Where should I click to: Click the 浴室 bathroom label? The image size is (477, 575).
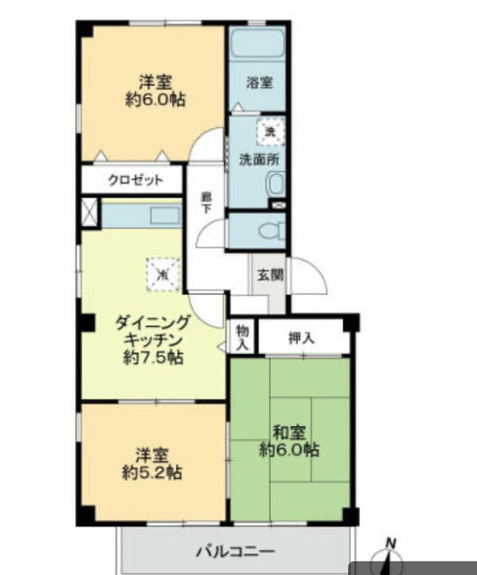point(259,83)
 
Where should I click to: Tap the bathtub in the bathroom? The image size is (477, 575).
point(257,43)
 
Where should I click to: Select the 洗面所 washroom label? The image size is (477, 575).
point(259,160)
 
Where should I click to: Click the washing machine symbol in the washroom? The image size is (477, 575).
point(271,131)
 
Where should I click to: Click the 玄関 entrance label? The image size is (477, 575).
point(271,275)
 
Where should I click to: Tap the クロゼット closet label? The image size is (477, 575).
point(135,180)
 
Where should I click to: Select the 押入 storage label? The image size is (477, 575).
point(301,338)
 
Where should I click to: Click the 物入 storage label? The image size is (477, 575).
point(242,338)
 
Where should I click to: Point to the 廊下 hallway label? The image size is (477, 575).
point(206,203)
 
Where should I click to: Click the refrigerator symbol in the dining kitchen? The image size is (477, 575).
point(163,274)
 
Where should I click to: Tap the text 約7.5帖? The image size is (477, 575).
point(153,358)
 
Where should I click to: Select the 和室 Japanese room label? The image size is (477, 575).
point(289,433)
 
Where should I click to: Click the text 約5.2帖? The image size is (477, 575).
point(152,473)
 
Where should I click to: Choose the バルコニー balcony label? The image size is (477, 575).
point(236,551)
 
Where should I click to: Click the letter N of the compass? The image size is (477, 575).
point(391,543)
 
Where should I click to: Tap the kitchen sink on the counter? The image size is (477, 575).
point(166,216)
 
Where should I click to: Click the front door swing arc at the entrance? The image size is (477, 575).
point(309,275)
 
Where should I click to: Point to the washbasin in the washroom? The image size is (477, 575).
point(275,183)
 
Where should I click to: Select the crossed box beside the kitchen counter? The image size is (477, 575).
point(89,212)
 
